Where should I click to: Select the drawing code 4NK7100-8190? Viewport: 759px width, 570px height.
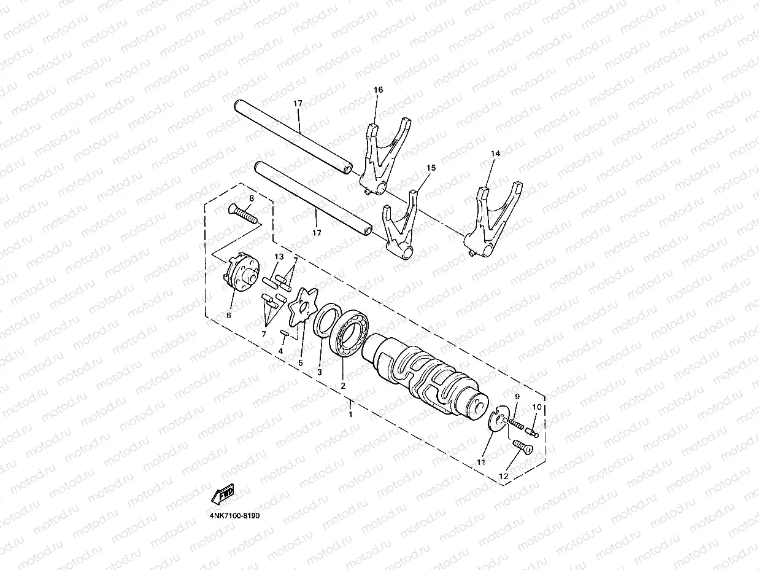pyautogui.click(x=235, y=515)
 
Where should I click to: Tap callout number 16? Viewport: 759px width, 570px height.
pyautogui.click(x=378, y=90)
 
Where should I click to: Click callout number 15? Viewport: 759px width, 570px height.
pyautogui.click(x=431, y=168)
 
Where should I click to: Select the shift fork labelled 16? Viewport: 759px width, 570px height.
pyautogui.click(x=385, y=157)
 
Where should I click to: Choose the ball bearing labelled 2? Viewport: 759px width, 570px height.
pyautogui.click(x=351, y=334)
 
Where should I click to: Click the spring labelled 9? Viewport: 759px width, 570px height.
pyautogui.click(x=517, y=423)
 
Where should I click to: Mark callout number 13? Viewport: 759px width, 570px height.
pyautogui.click(x=279, y=256)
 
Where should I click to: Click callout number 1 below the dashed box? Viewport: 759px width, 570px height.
pyautogui.click(x=350, y=415)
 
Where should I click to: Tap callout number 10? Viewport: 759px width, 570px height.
pyautogui.click(x=537, y=407)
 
